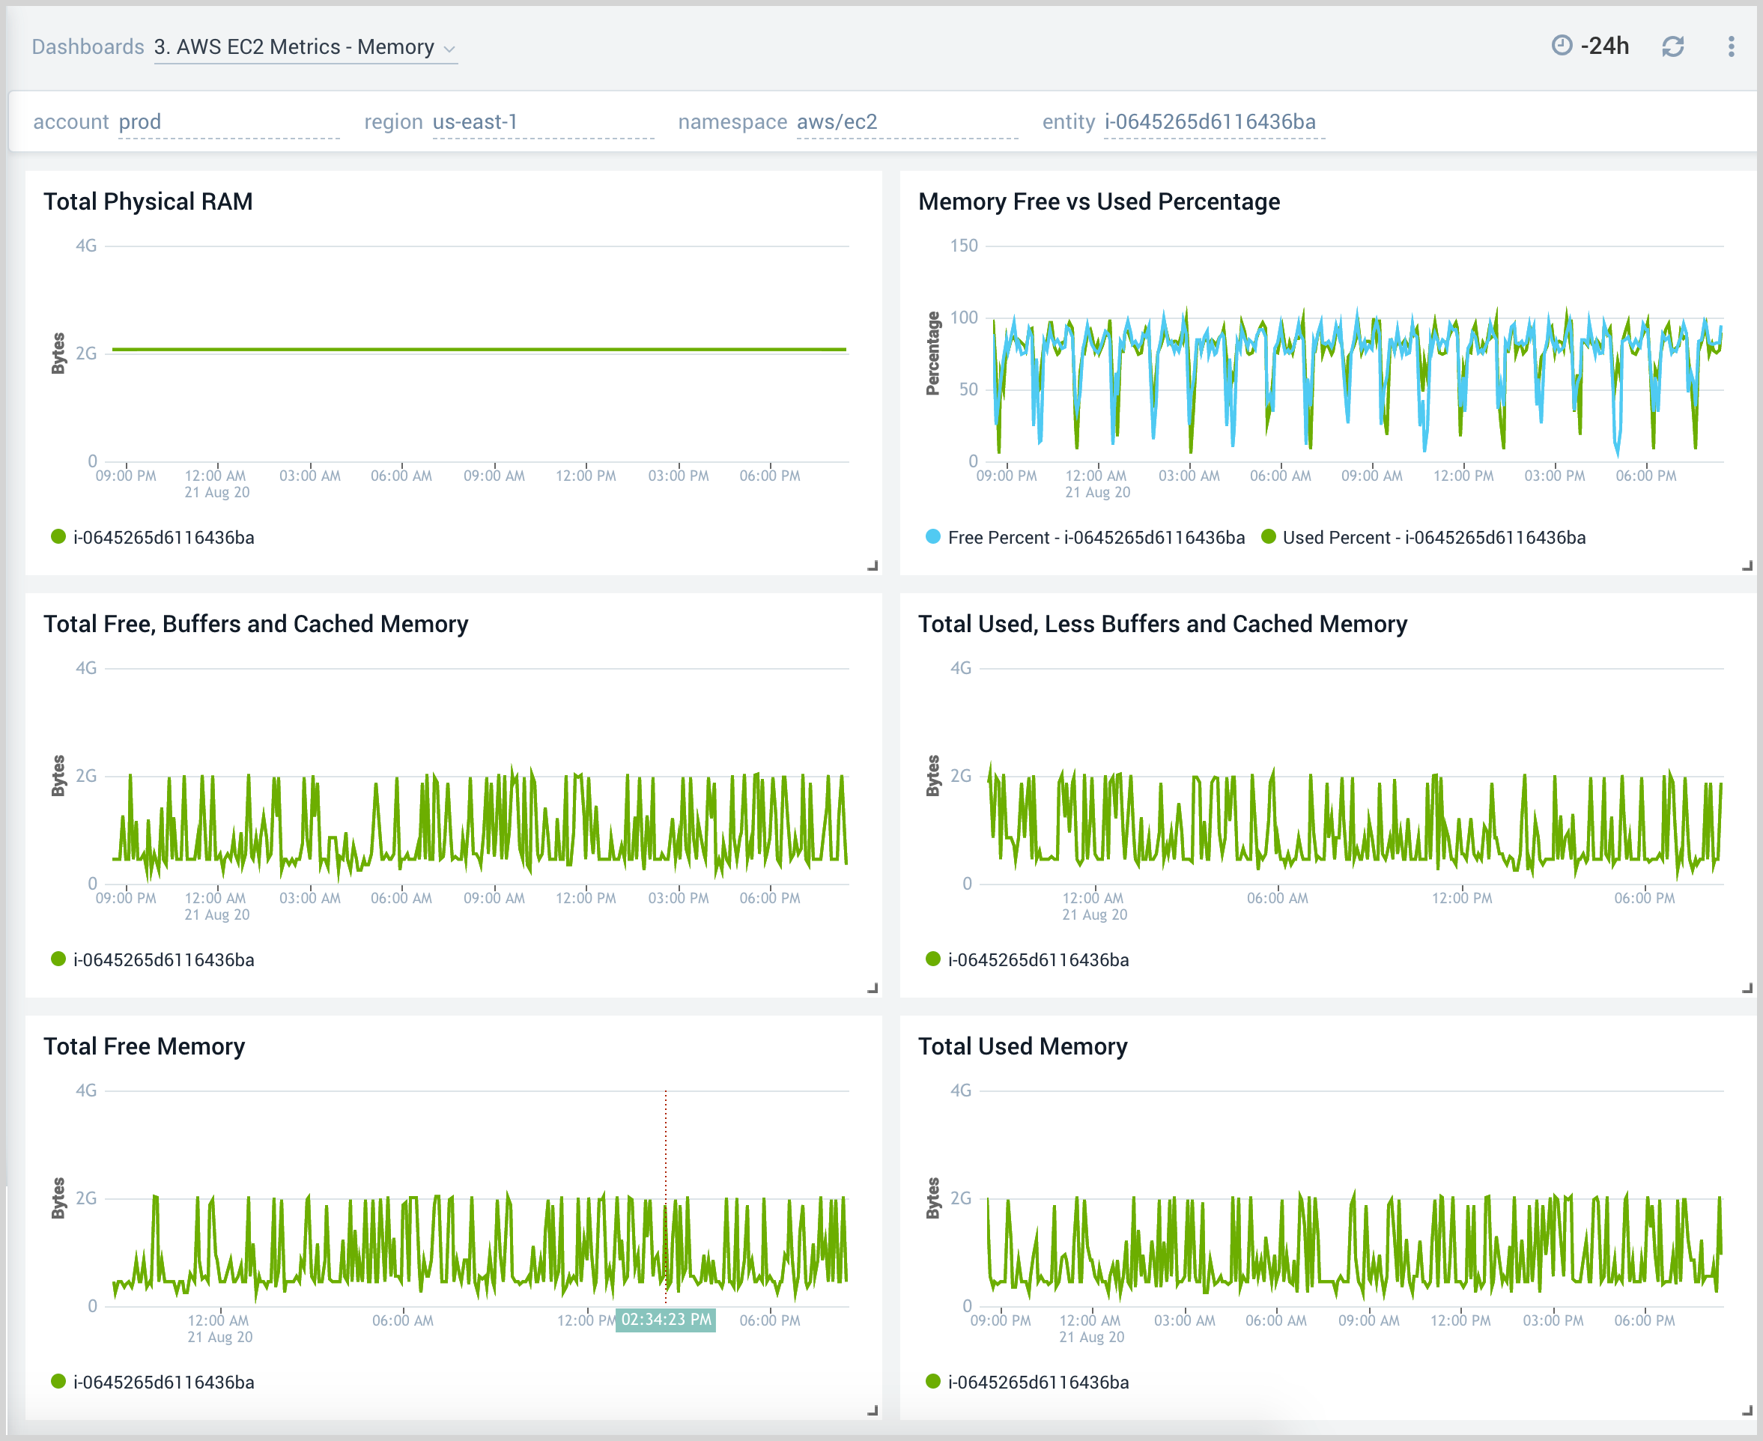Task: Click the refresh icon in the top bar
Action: (x=1672, y=46)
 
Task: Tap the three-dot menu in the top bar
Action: (x=1731, y=46)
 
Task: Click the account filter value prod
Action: (x=139, y=122)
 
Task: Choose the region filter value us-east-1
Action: (x=475, y=122)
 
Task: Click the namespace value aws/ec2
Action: (x=837, y=122)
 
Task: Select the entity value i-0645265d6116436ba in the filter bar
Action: (x=1210, y=122)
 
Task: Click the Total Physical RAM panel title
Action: (x=148, y=201)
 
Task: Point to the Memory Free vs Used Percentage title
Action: (x=1098, y=201)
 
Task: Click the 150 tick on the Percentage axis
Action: (x=964, y=246)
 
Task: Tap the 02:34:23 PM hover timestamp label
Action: (x=666, y=1320)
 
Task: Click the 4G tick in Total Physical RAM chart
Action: (x=86, y=246)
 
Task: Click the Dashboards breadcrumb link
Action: (x=88, y=46)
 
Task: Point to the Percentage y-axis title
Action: (x=933, y=354)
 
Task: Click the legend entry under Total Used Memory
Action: (x=1037, y=1383)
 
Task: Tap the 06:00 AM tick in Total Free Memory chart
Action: (x=403, y=1320)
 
